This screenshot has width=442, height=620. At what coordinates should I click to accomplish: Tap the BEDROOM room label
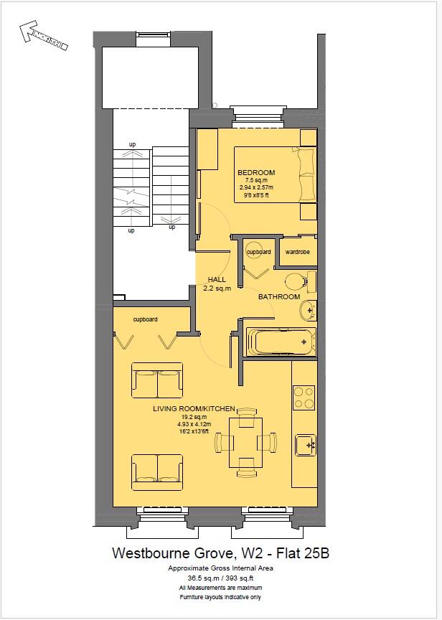(x=256, y=173)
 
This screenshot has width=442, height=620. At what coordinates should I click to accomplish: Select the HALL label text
(x=217, y=279)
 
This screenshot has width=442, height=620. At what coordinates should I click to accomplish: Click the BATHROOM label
(x=279, y=296)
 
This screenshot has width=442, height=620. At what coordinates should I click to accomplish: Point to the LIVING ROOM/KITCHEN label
(x=194, y=408)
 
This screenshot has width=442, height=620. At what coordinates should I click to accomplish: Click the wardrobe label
(x=297, y=252)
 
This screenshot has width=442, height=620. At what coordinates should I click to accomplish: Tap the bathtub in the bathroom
(x=280, y=342)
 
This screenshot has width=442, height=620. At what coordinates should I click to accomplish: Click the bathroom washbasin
(x=307, y=310)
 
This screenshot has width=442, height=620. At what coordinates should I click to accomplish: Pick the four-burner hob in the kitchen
(x=304, y=397)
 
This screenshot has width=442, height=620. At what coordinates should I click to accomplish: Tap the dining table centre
(x=245, y=441)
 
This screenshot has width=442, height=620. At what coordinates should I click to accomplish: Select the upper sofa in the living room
(x=156, y=380)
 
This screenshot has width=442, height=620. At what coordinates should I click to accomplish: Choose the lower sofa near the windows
(x=156, y=471)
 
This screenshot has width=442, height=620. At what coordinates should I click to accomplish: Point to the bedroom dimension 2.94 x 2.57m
(x=256, y=187)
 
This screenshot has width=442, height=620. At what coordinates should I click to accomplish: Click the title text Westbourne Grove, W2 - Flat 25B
(x=220, y=553)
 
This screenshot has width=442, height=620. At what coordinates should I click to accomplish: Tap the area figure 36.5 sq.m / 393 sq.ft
(x=220, y=576)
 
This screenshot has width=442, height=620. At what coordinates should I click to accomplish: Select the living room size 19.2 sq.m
(x=194, y=417)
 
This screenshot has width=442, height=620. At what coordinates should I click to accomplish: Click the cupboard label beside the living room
(x=145, y=319)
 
